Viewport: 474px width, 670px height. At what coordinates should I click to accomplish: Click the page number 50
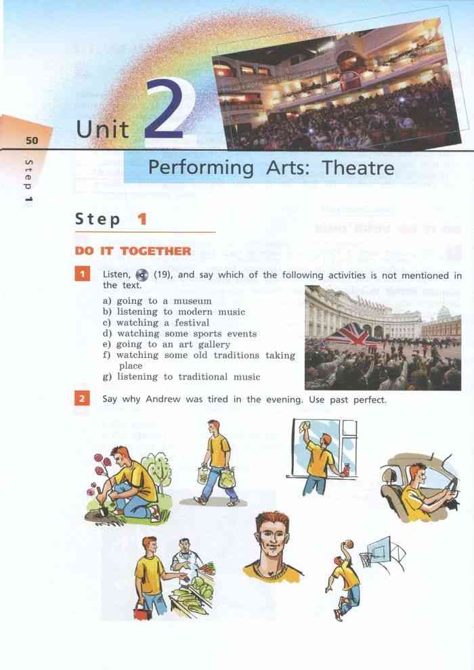(x=32, y=140)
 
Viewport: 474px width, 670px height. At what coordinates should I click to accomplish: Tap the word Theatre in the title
(x=358, y=168)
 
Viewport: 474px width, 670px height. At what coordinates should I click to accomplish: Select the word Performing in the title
(x=201, y=169)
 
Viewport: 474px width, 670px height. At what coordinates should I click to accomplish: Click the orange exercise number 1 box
(x=82, y=274)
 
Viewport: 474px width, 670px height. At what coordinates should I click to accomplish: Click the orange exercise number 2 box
(x=82, y=399)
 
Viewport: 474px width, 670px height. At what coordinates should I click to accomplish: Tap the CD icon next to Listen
(x=142, y=275)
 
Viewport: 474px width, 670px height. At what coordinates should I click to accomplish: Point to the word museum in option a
(x=192, y=301)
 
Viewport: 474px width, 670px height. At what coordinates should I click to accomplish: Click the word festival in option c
(x=192, y=323)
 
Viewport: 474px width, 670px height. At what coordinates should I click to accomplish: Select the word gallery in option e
(x=214, y=344)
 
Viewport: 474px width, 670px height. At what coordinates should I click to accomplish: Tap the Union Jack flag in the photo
(x=351, y=334)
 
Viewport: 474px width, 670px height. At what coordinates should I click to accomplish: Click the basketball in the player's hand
(x=349, y=544)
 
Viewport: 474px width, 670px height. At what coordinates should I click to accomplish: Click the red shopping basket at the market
(x=142, y=612)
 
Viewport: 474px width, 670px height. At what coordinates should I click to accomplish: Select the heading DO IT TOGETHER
(x=133, y=251)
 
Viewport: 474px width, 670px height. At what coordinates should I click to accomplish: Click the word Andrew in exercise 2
(x=163, y=399)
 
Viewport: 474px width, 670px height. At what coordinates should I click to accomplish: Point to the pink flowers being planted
(x=100, y=470)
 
